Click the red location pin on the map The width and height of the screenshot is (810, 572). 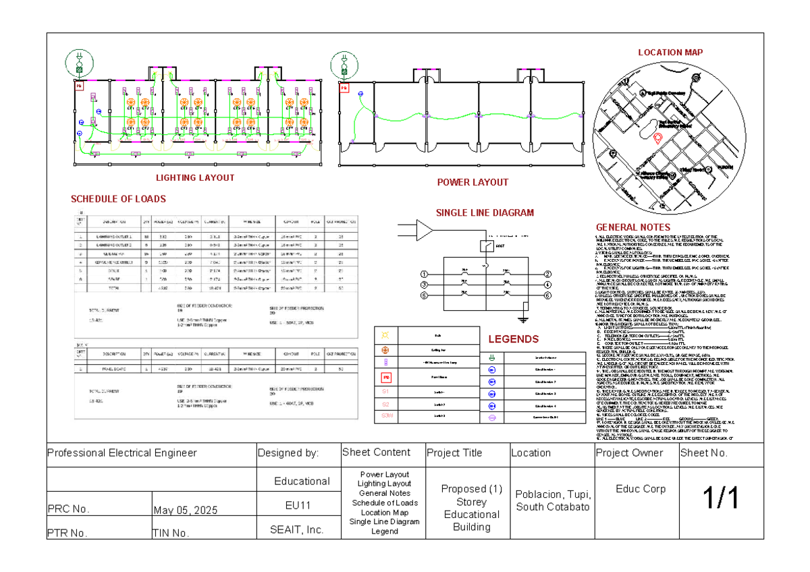tap(658, 138)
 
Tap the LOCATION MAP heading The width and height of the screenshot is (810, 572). tap(670, 53)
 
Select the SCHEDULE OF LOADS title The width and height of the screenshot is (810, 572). tap(118, 199)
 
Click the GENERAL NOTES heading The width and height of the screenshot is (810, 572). tap(632, 227)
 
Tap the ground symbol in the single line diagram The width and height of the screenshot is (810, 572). tap(524, 318)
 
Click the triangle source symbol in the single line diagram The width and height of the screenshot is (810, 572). tap(424, 230)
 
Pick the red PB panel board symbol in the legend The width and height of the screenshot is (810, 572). tap(386, 377)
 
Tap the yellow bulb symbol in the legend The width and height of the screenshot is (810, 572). tap(386, 335)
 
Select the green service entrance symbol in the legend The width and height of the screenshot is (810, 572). tap(492, 357)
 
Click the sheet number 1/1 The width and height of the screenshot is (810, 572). tap(722, 499)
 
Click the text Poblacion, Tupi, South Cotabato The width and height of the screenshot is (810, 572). tap(551, 500)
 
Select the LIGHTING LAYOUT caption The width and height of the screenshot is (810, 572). tap(195, 178)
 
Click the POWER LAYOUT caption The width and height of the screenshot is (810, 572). tap(473, 182)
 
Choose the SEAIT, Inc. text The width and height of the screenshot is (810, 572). tap(298, 530)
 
